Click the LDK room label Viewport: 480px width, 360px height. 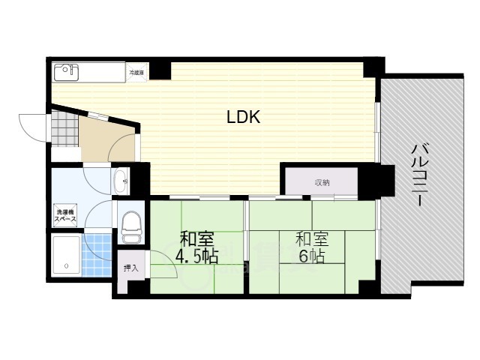click(x=244, y=118)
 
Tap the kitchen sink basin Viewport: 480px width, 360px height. click(x=66, y=72)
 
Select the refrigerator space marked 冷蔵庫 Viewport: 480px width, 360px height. click(x=136, y=73)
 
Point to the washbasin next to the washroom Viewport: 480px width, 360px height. click(x=120, y=181)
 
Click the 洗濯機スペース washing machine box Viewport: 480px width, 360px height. click(x=65, y=217)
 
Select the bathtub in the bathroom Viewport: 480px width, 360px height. click(x=65, y=257)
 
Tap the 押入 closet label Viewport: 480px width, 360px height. click(x=130, y=268)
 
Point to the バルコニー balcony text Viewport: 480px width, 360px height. click(x=417, y=176)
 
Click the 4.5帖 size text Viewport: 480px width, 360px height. click(x=196, y=257)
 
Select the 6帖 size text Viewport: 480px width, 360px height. click(x=310, y=256)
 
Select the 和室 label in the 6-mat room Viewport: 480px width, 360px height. click(x=310, y=240)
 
